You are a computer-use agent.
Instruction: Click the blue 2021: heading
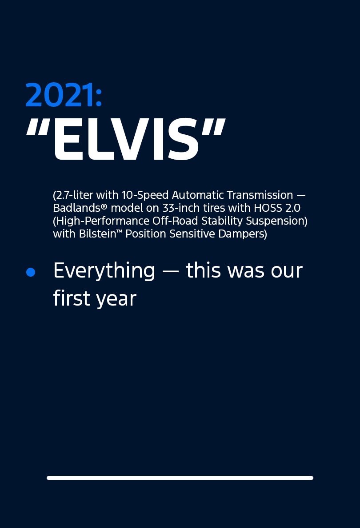[x=64, y=95]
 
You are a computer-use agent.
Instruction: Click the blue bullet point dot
[x=31, y=272]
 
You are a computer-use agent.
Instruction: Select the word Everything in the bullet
[x=104, y=271]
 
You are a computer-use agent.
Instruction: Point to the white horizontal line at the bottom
[x=180, y=478]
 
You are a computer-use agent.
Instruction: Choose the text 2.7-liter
[x=74, y=195]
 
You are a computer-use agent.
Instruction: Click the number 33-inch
[x=181, y=208]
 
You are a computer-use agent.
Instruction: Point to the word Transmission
[x=260, y=195]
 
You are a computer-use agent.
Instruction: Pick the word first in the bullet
[x=72, y=298]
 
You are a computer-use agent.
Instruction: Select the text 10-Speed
[x=145, y=195]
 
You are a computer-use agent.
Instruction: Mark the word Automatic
[x=198, y=195]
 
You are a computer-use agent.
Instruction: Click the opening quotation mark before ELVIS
[x=37, y=127]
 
